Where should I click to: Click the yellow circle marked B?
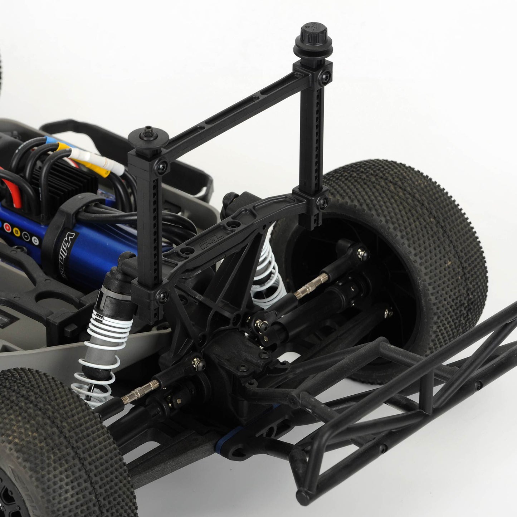(17, 231)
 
